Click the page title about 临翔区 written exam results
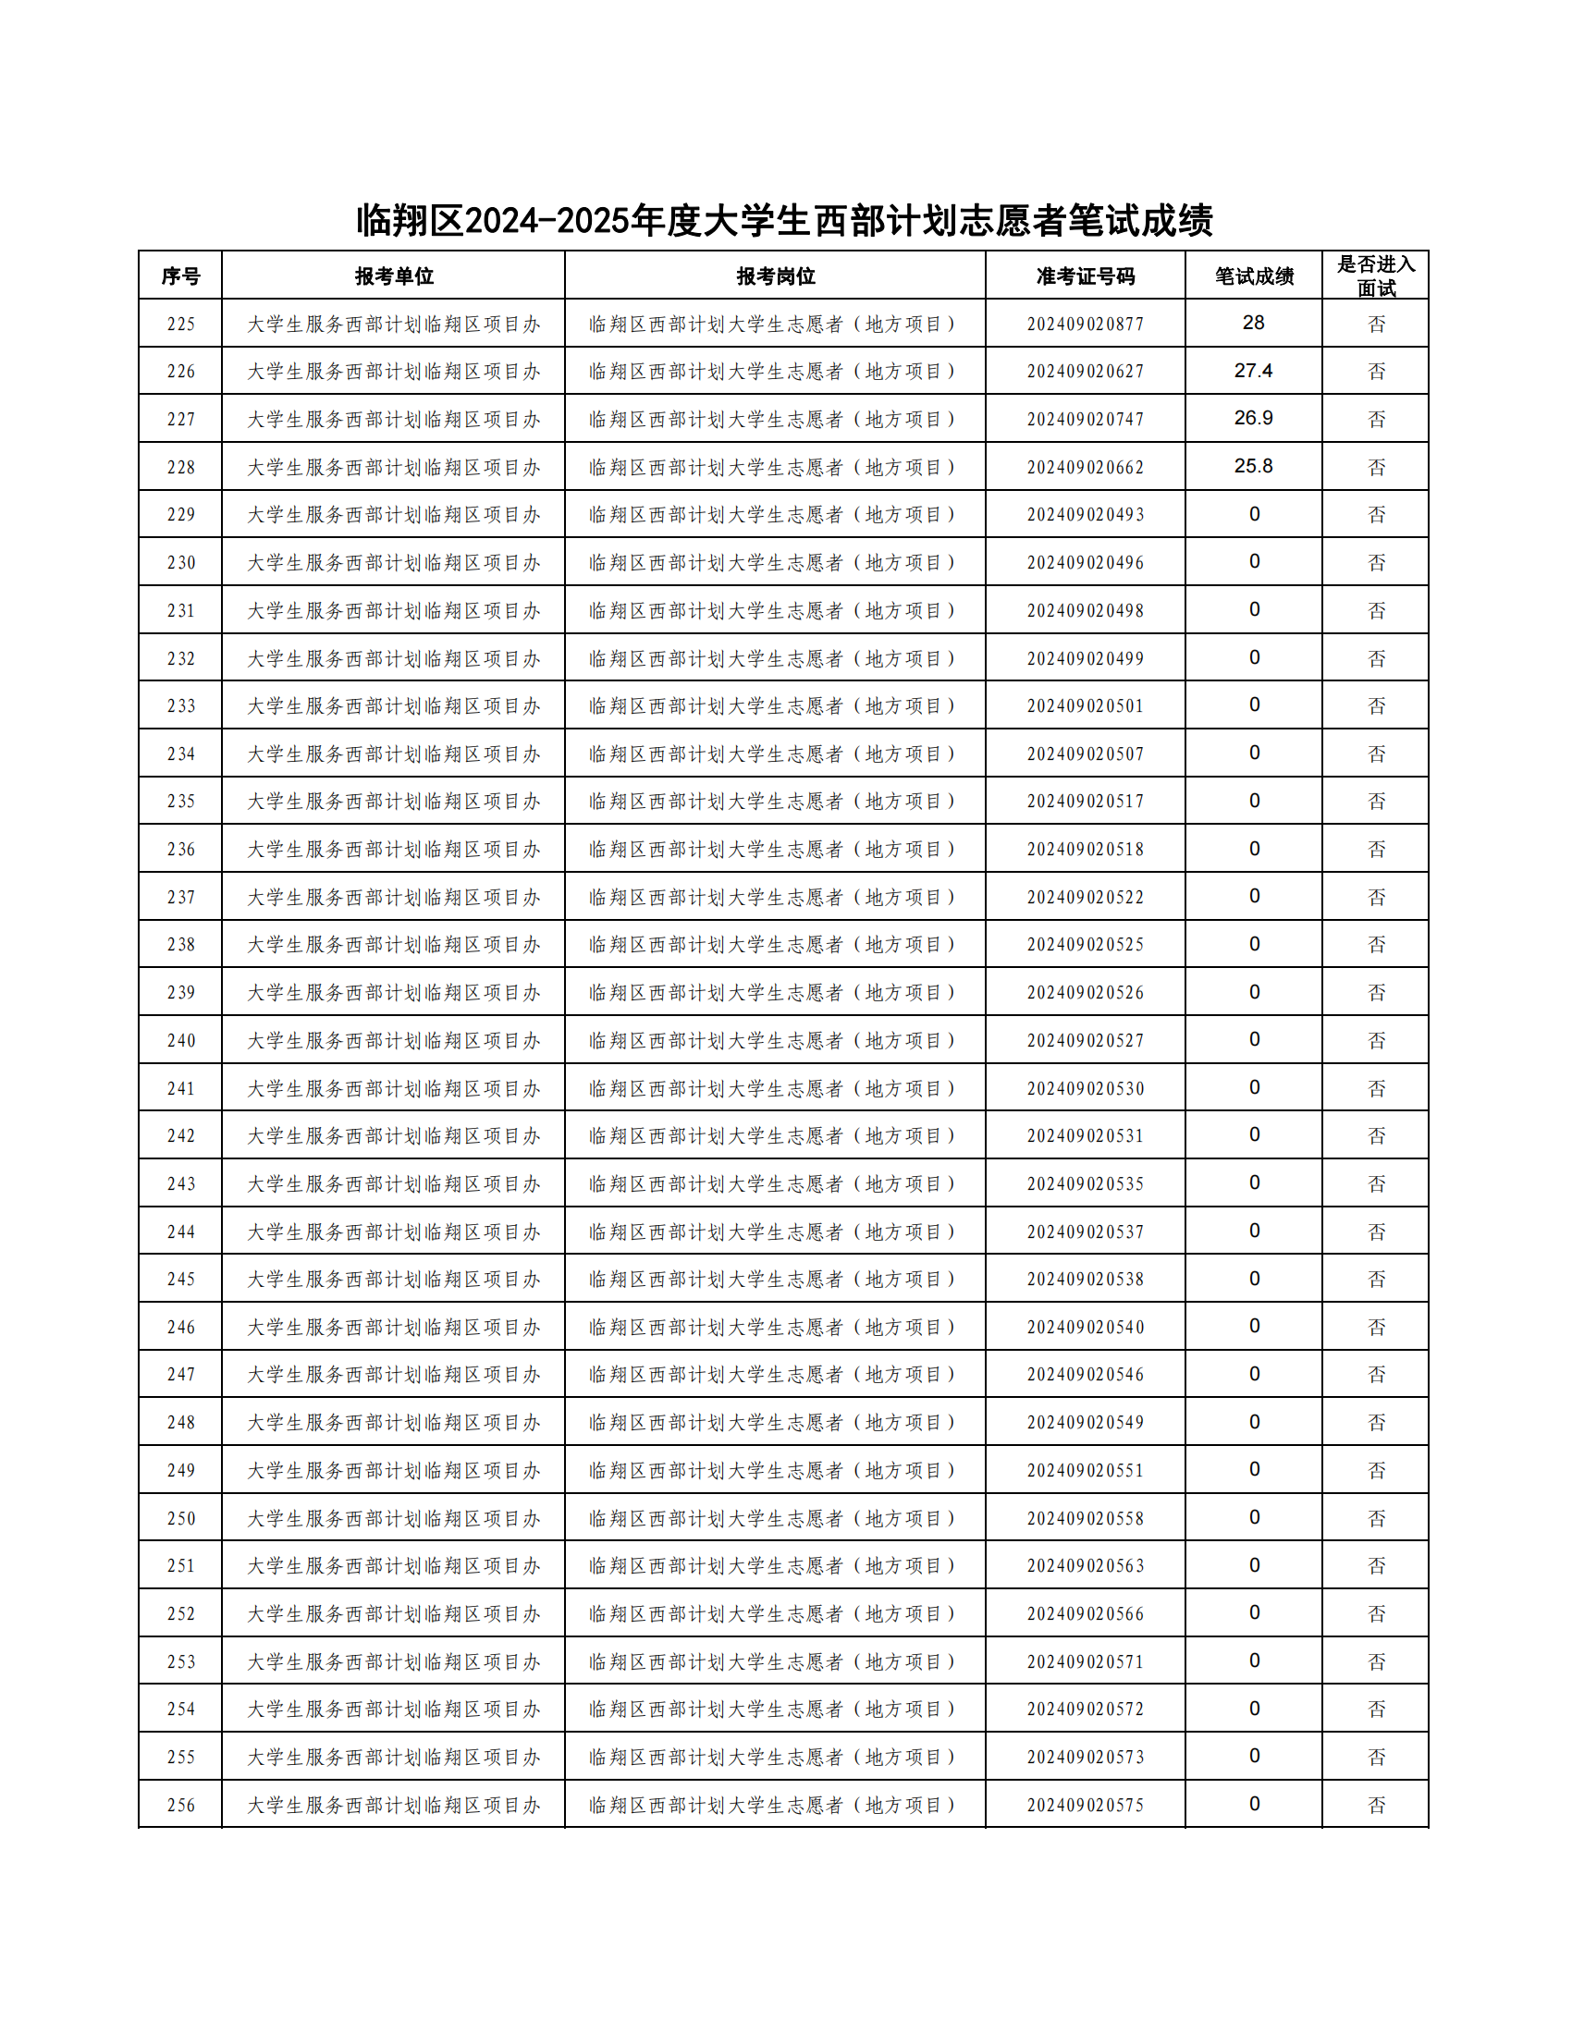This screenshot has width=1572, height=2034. point(784,221)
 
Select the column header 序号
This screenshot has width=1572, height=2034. point(180,276)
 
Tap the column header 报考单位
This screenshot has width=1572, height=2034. point(393,276)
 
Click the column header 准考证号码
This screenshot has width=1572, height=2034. point(1085,276)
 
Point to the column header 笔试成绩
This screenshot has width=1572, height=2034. point(1254,276)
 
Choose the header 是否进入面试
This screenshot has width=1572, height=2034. point(1376,276)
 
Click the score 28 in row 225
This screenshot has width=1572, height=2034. point(1254,324)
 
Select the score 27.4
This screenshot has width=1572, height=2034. point(1254,371)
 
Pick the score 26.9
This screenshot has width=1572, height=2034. point(1254,418)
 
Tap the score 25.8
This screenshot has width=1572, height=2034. point(1254,467)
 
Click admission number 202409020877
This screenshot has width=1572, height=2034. point(1085,325)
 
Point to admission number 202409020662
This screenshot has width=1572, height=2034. point(1085,468)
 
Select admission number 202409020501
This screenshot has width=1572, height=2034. point(1085,706)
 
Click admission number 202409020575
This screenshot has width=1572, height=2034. point(1085,1805)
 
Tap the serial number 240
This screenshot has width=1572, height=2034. point(180,1040)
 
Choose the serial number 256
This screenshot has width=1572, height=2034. point(180,1805)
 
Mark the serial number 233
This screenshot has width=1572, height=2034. point(180,706)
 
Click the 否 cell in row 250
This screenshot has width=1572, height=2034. point(1377,1518)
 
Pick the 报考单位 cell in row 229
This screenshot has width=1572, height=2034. point(393,515)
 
